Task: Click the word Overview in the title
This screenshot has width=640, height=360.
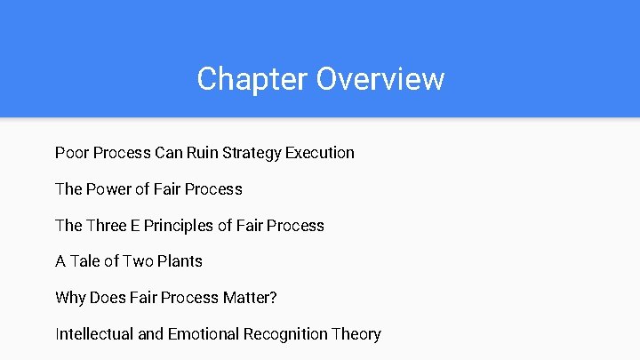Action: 380,79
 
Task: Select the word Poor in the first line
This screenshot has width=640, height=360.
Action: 71,153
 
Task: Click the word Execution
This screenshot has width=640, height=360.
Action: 320,153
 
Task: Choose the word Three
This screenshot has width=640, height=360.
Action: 108,226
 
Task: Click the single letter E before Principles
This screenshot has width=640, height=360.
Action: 137,226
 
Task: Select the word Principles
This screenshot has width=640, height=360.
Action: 180,226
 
